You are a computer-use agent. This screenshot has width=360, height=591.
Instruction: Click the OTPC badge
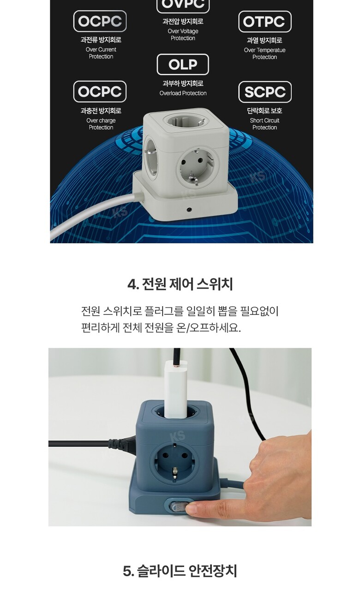coord(265,21)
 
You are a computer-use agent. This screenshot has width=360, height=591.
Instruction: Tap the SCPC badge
coord(265,92)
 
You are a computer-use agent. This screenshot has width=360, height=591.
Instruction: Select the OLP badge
coord(183,64)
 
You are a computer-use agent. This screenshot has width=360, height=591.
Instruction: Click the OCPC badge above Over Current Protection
coord(100,21)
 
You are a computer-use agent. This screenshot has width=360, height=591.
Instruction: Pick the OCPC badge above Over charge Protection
coord(100,91)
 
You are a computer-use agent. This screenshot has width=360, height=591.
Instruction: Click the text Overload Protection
coord(183,93)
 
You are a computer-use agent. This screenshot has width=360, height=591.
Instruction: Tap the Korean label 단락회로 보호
coord(264,110)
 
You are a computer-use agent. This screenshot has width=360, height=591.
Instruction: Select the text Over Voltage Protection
coord(183,35)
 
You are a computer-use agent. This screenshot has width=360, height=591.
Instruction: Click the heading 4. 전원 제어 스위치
coord(180,284)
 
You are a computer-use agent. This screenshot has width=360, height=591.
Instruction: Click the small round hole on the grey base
coord(189,210)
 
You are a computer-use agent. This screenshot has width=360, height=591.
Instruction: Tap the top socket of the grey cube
coord(186,121)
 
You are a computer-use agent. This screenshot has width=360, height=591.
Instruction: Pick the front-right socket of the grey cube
coord(198,166)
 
